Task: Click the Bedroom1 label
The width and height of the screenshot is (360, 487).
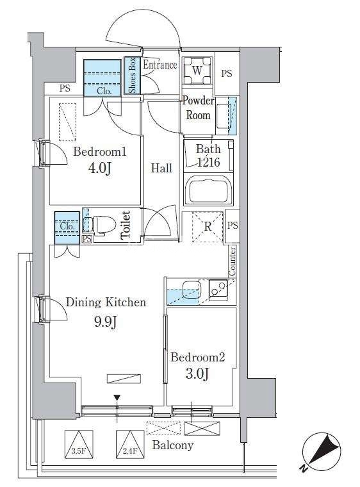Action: (x=100, y=152)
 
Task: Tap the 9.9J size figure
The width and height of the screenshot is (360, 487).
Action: (x=105, y=322)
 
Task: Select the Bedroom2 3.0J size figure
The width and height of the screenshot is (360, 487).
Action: (x=197, y=374)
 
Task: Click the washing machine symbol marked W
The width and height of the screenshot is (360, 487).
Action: (x=197, y=70)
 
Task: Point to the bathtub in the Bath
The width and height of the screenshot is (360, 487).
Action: (x=208, y=190)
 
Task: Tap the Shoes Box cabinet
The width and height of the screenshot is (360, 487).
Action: (x=133, y=75)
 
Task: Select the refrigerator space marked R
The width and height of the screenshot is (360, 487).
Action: (x=208, y=226)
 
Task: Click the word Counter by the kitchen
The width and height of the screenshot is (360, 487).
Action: (x=232, y=261)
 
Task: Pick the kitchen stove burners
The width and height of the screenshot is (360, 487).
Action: (x=218, y=290)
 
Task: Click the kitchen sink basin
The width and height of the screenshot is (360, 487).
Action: (x=192, y=289)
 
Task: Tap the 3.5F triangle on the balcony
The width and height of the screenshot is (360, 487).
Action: (x=79, y=444)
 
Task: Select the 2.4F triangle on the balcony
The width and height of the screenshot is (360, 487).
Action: (x=130, y=444)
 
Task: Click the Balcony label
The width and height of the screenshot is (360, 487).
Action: (x=173, y=445)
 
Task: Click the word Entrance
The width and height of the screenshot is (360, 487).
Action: (x=160, y=65)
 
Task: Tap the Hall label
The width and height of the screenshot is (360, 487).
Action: (x=161, y=168)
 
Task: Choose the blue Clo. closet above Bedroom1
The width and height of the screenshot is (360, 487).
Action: (x=102, y=78)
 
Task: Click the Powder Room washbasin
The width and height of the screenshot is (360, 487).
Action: (x=224, y=116)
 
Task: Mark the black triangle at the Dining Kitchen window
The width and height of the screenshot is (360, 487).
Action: (x=117, y=398)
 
